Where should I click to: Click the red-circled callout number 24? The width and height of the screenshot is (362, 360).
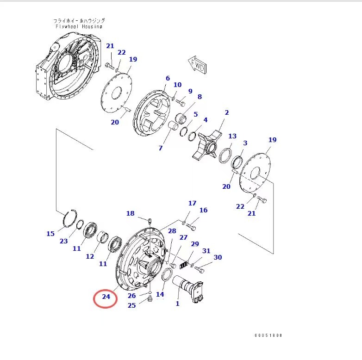pos(106,297)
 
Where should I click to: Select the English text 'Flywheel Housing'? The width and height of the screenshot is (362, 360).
pos(79,27)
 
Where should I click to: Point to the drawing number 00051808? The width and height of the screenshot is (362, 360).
pos(268,335)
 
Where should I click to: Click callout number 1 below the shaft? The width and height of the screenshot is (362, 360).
pos(177,304)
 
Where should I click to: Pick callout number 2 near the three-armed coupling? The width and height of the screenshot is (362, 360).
pos(227,112)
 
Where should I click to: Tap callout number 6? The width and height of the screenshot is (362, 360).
pos(168,78)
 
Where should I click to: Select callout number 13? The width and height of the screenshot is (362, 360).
pos(232,136)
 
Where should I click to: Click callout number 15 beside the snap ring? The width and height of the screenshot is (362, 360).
pos(50,234)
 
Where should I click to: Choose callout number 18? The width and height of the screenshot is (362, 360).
pos(131,213)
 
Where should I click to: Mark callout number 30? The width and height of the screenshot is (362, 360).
pos(218,257)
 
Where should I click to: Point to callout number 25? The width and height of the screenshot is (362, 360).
pos(132,305)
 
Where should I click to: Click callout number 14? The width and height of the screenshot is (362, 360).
pos(160,294)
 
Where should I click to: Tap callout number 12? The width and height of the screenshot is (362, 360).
pos(90,256)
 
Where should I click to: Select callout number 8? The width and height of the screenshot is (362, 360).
pos(200,97)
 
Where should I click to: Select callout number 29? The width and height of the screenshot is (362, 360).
pos(195,244)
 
